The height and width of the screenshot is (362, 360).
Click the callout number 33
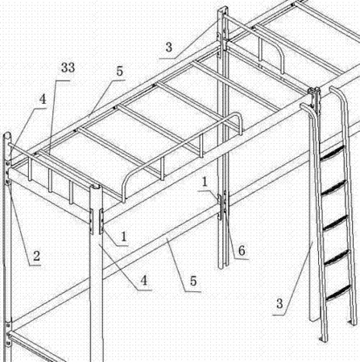(68, 68)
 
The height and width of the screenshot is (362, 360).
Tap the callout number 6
(242, 250)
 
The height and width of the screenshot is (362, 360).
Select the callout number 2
(36, 256)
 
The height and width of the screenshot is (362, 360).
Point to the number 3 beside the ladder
(279, 303)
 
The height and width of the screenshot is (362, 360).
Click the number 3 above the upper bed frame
(168, 47)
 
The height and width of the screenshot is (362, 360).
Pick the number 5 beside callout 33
(119, 71)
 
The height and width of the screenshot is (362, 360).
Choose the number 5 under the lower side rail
(193, 281)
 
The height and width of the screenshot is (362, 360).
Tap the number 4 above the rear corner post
(43, 100)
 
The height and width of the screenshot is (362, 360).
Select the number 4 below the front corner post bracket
(144, 281)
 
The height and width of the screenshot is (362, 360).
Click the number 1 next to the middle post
(205, 182)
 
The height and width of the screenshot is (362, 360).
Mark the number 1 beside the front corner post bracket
(123, 237)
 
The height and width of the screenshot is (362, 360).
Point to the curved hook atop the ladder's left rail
(306, 107)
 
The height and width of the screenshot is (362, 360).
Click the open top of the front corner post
(96, 187)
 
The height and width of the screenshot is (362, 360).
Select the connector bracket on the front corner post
(101, 221)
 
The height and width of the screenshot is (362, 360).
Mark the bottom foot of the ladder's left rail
(324, 338)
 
